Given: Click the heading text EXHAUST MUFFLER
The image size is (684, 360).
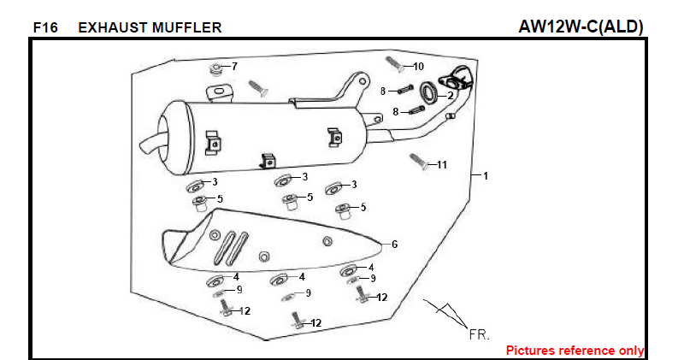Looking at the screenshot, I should [x=150, y=27].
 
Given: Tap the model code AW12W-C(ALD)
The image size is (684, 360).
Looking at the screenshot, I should [x=581, y=27].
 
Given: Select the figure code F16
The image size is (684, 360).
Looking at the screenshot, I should [x=45, y=27].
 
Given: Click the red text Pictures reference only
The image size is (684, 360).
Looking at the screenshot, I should [x=575, y=351].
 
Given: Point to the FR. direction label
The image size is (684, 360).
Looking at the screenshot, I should [x=479, y=334].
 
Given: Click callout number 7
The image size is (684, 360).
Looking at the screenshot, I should [x=235, y=66].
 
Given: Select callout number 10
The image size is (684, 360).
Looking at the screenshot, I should [x=418, y=66].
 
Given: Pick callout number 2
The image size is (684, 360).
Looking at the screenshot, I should [x=451, y=95].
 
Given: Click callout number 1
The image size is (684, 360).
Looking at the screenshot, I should [x=485, y=176].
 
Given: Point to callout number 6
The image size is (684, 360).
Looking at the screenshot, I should [x=394, y=244].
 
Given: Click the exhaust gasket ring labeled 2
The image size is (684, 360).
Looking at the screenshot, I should [x=432, y=91].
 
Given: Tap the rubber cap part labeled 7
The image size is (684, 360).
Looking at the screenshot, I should [x=217, y=68].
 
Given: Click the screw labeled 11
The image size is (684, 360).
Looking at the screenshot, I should [x=418, y=160].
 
